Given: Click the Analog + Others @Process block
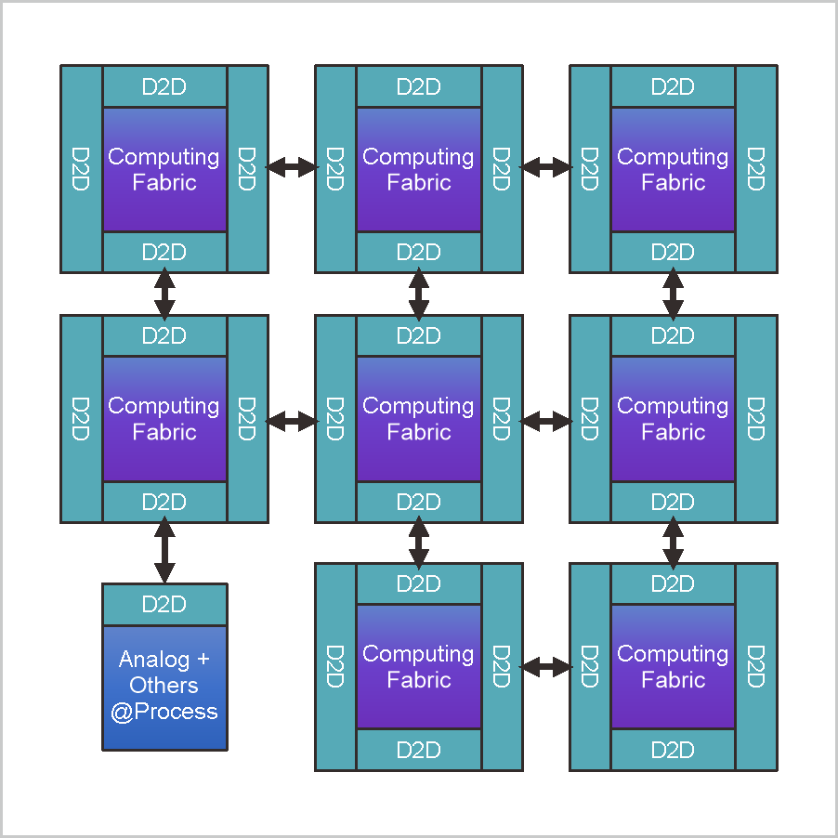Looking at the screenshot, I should pos(164,687).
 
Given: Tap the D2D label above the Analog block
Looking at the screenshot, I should pos(164,605).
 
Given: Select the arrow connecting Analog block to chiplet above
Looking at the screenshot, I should pos(164,553).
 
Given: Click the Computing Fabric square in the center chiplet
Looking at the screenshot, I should pos(419,418).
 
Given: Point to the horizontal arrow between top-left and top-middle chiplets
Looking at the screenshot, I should pos(292,167).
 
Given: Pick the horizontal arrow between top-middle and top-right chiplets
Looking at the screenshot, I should pos(546,167).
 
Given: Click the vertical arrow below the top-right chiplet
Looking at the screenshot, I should pos(673,294).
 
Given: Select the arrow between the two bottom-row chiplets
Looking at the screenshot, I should pos(546,666).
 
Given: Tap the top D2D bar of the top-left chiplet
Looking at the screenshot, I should pos(164,86).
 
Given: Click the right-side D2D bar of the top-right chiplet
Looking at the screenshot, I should pos(755,168).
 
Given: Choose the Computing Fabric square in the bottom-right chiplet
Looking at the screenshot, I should pos(673,666).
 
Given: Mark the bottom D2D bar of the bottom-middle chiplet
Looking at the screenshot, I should pos(419,750).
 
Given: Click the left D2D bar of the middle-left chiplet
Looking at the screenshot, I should pos(81,418).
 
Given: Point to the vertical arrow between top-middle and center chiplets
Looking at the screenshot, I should pos(419,294).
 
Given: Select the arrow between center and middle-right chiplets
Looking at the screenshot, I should pos(546,421).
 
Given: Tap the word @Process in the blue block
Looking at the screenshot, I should pos(164,713).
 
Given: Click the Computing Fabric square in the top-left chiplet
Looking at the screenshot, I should pos(164,169).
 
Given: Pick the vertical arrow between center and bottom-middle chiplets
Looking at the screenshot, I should pos(419,543).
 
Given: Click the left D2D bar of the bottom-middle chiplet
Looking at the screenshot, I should pos(335,666).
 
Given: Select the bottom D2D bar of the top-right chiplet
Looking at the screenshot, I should pos(673,252).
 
